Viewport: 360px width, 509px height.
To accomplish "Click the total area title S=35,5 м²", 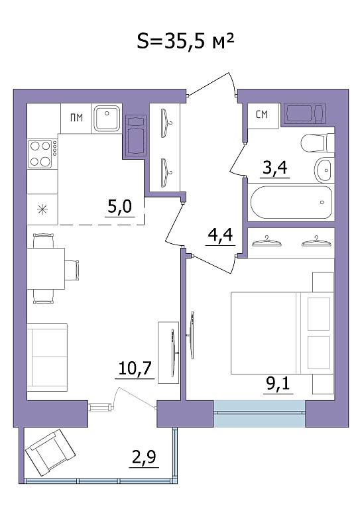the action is coord(185,42).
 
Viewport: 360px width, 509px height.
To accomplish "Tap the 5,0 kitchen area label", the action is coord(120,206).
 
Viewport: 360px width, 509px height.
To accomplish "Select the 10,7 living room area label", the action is coord(135,368).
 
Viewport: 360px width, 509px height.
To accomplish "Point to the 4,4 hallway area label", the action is coord(220,235).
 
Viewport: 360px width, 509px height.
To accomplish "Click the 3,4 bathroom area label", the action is coord(275,168).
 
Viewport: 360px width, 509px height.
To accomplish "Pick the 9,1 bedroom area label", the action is coord(278,384).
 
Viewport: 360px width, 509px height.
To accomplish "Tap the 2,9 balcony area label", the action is coord(144,457).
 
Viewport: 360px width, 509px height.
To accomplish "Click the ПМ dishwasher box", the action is coord(76,118).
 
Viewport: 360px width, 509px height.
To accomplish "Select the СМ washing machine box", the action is coord(263,115).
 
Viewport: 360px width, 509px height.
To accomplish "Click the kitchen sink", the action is coord(107,118).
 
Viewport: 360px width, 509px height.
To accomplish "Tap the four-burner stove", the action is coord(40,154).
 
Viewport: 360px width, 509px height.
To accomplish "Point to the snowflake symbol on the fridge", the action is coord(42,209).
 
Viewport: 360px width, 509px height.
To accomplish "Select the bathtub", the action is coord(291,202).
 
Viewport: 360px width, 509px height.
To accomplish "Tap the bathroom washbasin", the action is coord(324,170).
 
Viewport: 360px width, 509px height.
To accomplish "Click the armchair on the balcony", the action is coord(50,452).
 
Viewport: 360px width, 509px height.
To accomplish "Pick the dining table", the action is coord(46,268).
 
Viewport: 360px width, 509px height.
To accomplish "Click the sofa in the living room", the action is coord(47,357).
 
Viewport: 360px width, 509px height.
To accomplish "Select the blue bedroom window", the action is coord(259,414).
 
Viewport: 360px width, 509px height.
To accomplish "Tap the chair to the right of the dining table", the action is coord(72,270).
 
